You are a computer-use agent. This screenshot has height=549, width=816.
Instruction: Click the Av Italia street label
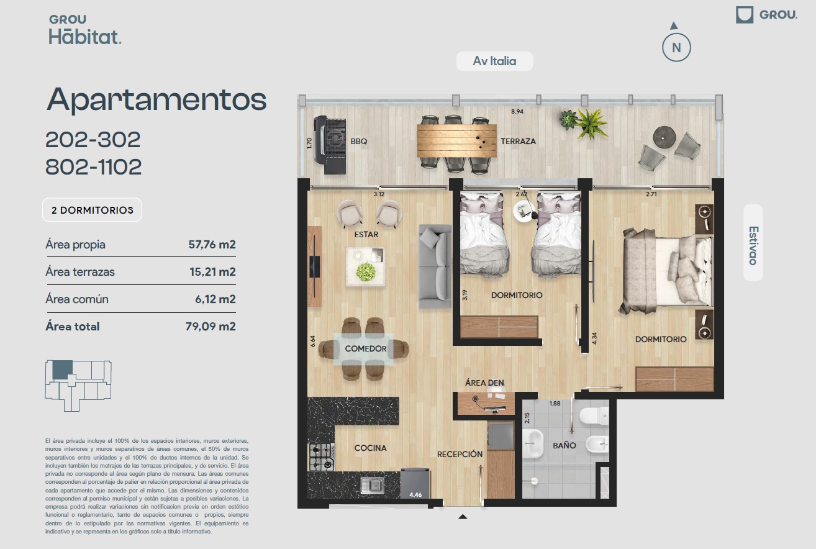click(x=494, y=61)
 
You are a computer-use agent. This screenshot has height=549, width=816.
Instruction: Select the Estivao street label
click(x=753, y=245)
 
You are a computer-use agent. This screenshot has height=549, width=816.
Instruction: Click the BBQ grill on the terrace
click(x=330, y=145)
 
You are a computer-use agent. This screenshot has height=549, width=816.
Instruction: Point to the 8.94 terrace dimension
click(x=517, y=111)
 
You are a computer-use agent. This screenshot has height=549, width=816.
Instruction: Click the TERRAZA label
click(x=518, y=142)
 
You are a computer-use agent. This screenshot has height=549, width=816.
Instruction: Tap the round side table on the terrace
click(x=664, y=137)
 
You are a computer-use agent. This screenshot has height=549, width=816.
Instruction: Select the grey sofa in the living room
click(x=435, y=266)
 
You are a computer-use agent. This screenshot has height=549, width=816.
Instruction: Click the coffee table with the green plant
click(x=365, y=266)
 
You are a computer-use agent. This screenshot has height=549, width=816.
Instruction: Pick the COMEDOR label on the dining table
click(x=366, y=348)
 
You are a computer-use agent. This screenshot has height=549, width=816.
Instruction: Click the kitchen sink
click(x=373, y=485)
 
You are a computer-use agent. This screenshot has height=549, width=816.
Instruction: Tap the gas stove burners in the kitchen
click(x=322, y=457)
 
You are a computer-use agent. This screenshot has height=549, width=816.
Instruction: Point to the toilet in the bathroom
click(x=594, y=415)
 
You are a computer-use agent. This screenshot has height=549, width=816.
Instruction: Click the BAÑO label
click(x=564, y=445)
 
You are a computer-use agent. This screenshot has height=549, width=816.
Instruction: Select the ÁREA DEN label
click(x=484, y=383)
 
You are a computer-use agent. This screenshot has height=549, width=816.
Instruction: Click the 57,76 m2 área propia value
click(x=212, y=244)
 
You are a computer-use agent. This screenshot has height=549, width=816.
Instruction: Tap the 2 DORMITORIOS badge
click(x=92, y=210)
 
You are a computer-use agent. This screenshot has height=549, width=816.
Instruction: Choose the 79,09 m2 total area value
click(x=211, y=326)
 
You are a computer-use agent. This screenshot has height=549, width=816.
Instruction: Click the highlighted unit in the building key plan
click(x=62, y=370)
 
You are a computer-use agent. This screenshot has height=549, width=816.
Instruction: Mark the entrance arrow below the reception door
click(x=463, y=516)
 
